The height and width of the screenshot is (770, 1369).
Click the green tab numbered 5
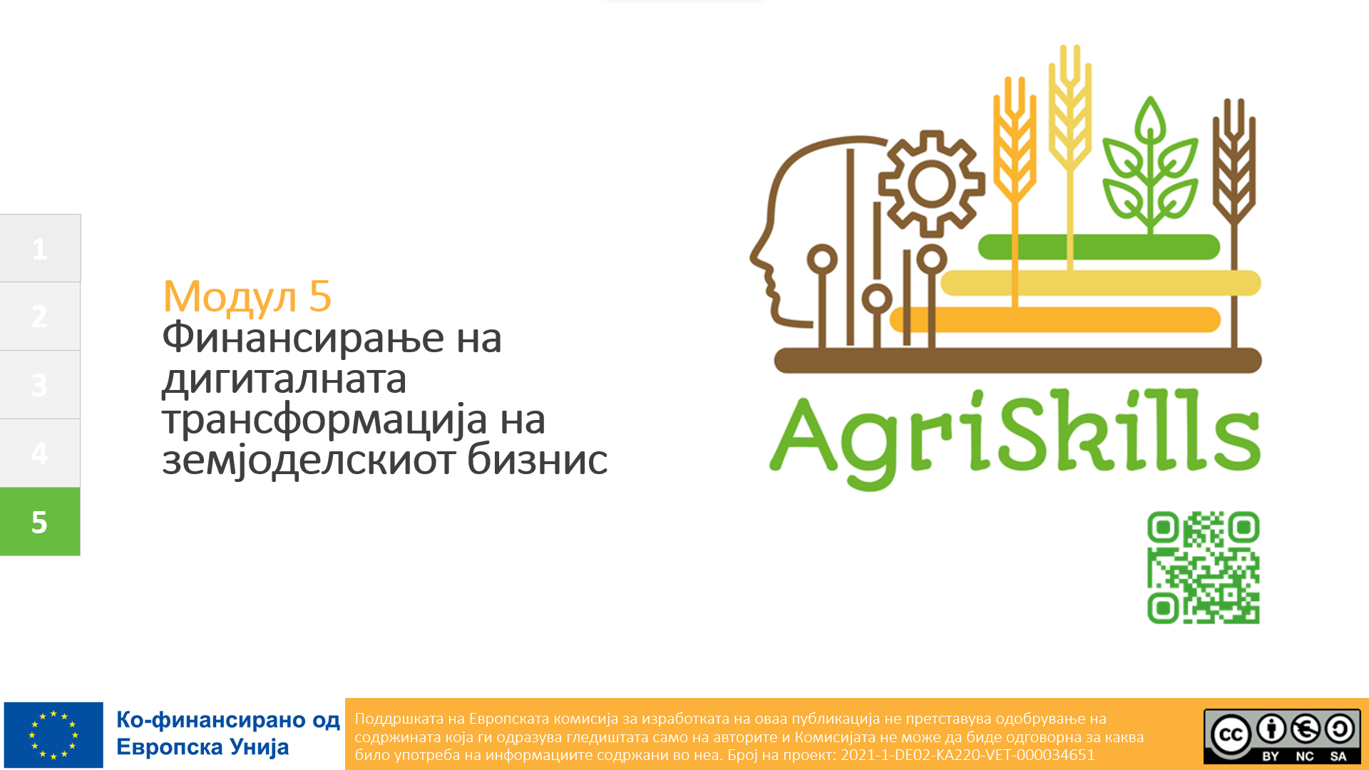(40, 521)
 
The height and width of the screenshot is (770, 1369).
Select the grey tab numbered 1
(40, 248)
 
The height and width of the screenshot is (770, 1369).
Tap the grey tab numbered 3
(40, 384)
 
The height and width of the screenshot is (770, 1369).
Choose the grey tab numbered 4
(40, 453)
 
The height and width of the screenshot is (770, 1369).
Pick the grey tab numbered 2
(40, 317)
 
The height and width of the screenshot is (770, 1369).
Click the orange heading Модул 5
(247, 297)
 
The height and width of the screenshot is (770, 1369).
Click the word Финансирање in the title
(304, 338)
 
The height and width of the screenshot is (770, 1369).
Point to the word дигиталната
(284, 379)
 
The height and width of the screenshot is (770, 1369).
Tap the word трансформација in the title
(325, 421)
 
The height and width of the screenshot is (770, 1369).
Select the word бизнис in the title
(537, 459)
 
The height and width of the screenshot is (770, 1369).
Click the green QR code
(1204, 568)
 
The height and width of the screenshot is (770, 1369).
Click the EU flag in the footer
(53, 734)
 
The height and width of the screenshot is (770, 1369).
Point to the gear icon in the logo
(931, 184)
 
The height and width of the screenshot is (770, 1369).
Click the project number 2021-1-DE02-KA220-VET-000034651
(968, 755)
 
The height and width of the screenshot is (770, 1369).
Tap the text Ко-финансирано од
(228, 720)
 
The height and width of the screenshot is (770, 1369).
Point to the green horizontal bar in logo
(1099, 247)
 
